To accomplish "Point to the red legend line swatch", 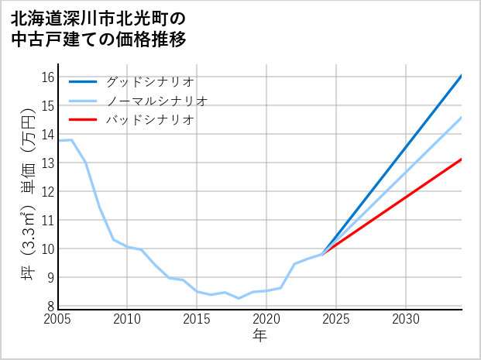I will tap(84, 120).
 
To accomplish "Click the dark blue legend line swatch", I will tap(84, 81).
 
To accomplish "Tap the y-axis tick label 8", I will tap(50, 306).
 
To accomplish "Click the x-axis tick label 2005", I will tap(58, 319).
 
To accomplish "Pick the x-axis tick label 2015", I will tap(197, 319).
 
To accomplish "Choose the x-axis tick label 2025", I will tap(336, 319).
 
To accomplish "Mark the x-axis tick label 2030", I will tap(406, 319).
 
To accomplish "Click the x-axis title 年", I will tap(259, 335).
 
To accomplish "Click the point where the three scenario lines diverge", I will tap(322, 254).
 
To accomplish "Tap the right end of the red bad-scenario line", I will tap(462, 159).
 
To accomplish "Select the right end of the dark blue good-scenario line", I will tap(462, 76).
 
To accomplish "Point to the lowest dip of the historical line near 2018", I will tap(239, 298).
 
